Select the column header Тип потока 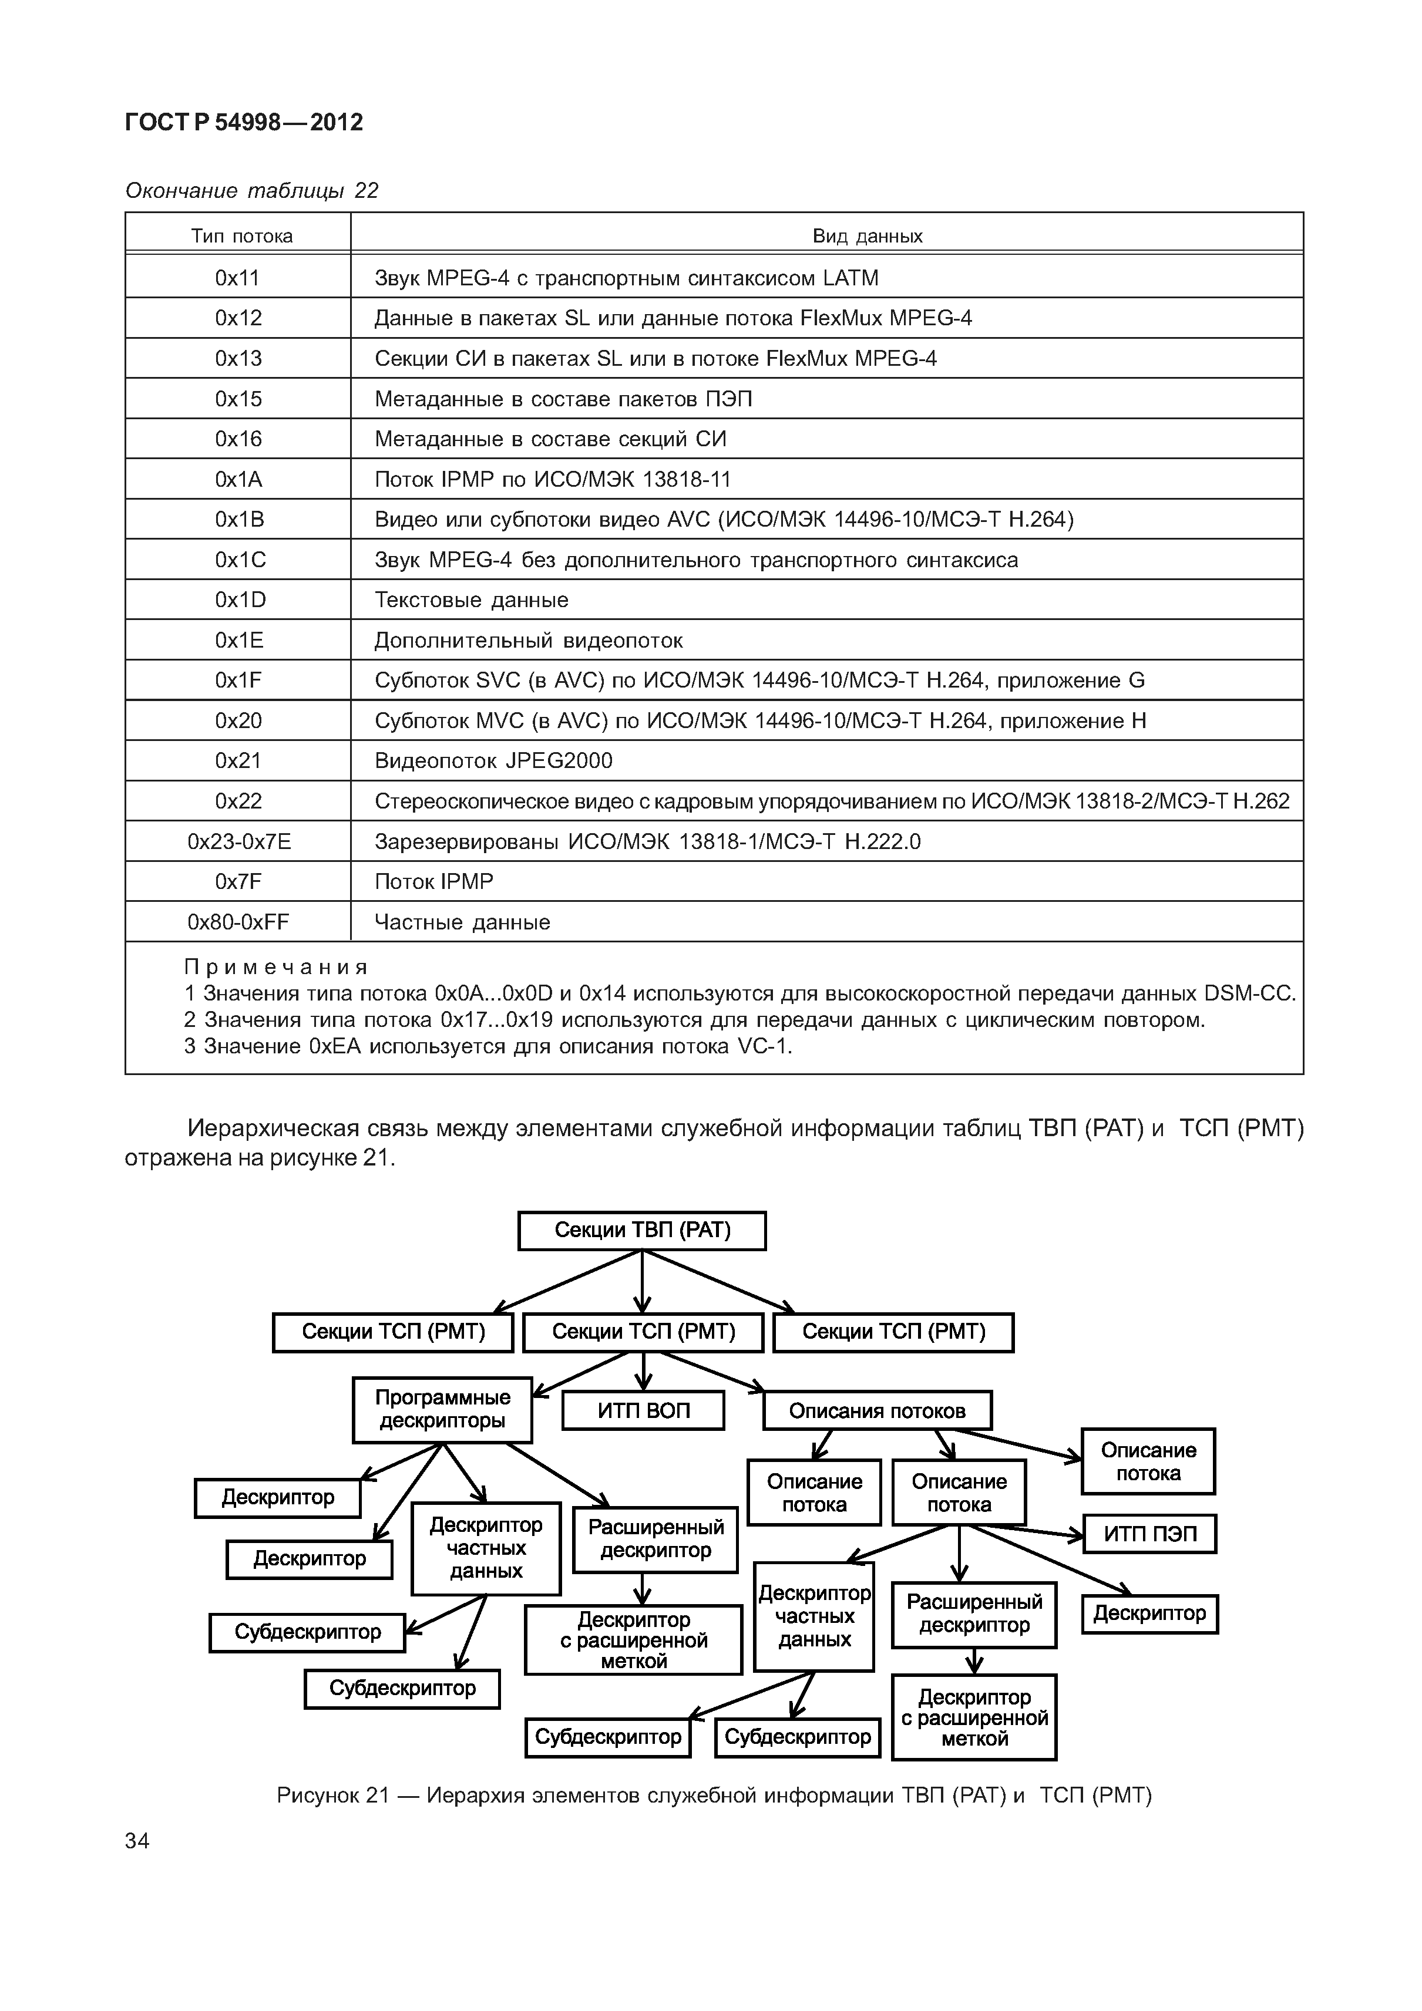point(242,235)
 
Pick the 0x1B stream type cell point(239,520)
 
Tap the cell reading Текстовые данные point(472,600)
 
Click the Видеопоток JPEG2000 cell point(493,760)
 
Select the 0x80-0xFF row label point(238,921)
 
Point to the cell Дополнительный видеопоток point(528,640)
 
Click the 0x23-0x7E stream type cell point(239,842)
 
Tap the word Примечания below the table point(275,967)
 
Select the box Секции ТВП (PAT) point(641,1229)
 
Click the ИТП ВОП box point(643,1410)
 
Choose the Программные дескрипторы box point(442,1409)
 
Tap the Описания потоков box point(877,1410)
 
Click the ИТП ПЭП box point(1149,1534)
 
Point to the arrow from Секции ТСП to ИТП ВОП point(643,1372)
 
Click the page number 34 point(137,1841)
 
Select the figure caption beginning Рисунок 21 point(713,1796)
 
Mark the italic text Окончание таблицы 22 point(251,191)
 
